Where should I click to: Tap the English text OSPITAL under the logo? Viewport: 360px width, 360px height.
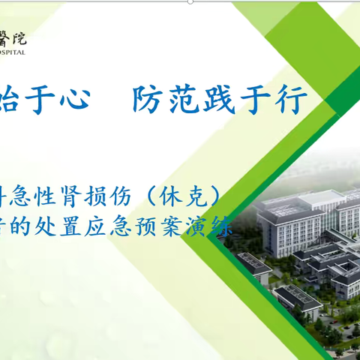[13, 52]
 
